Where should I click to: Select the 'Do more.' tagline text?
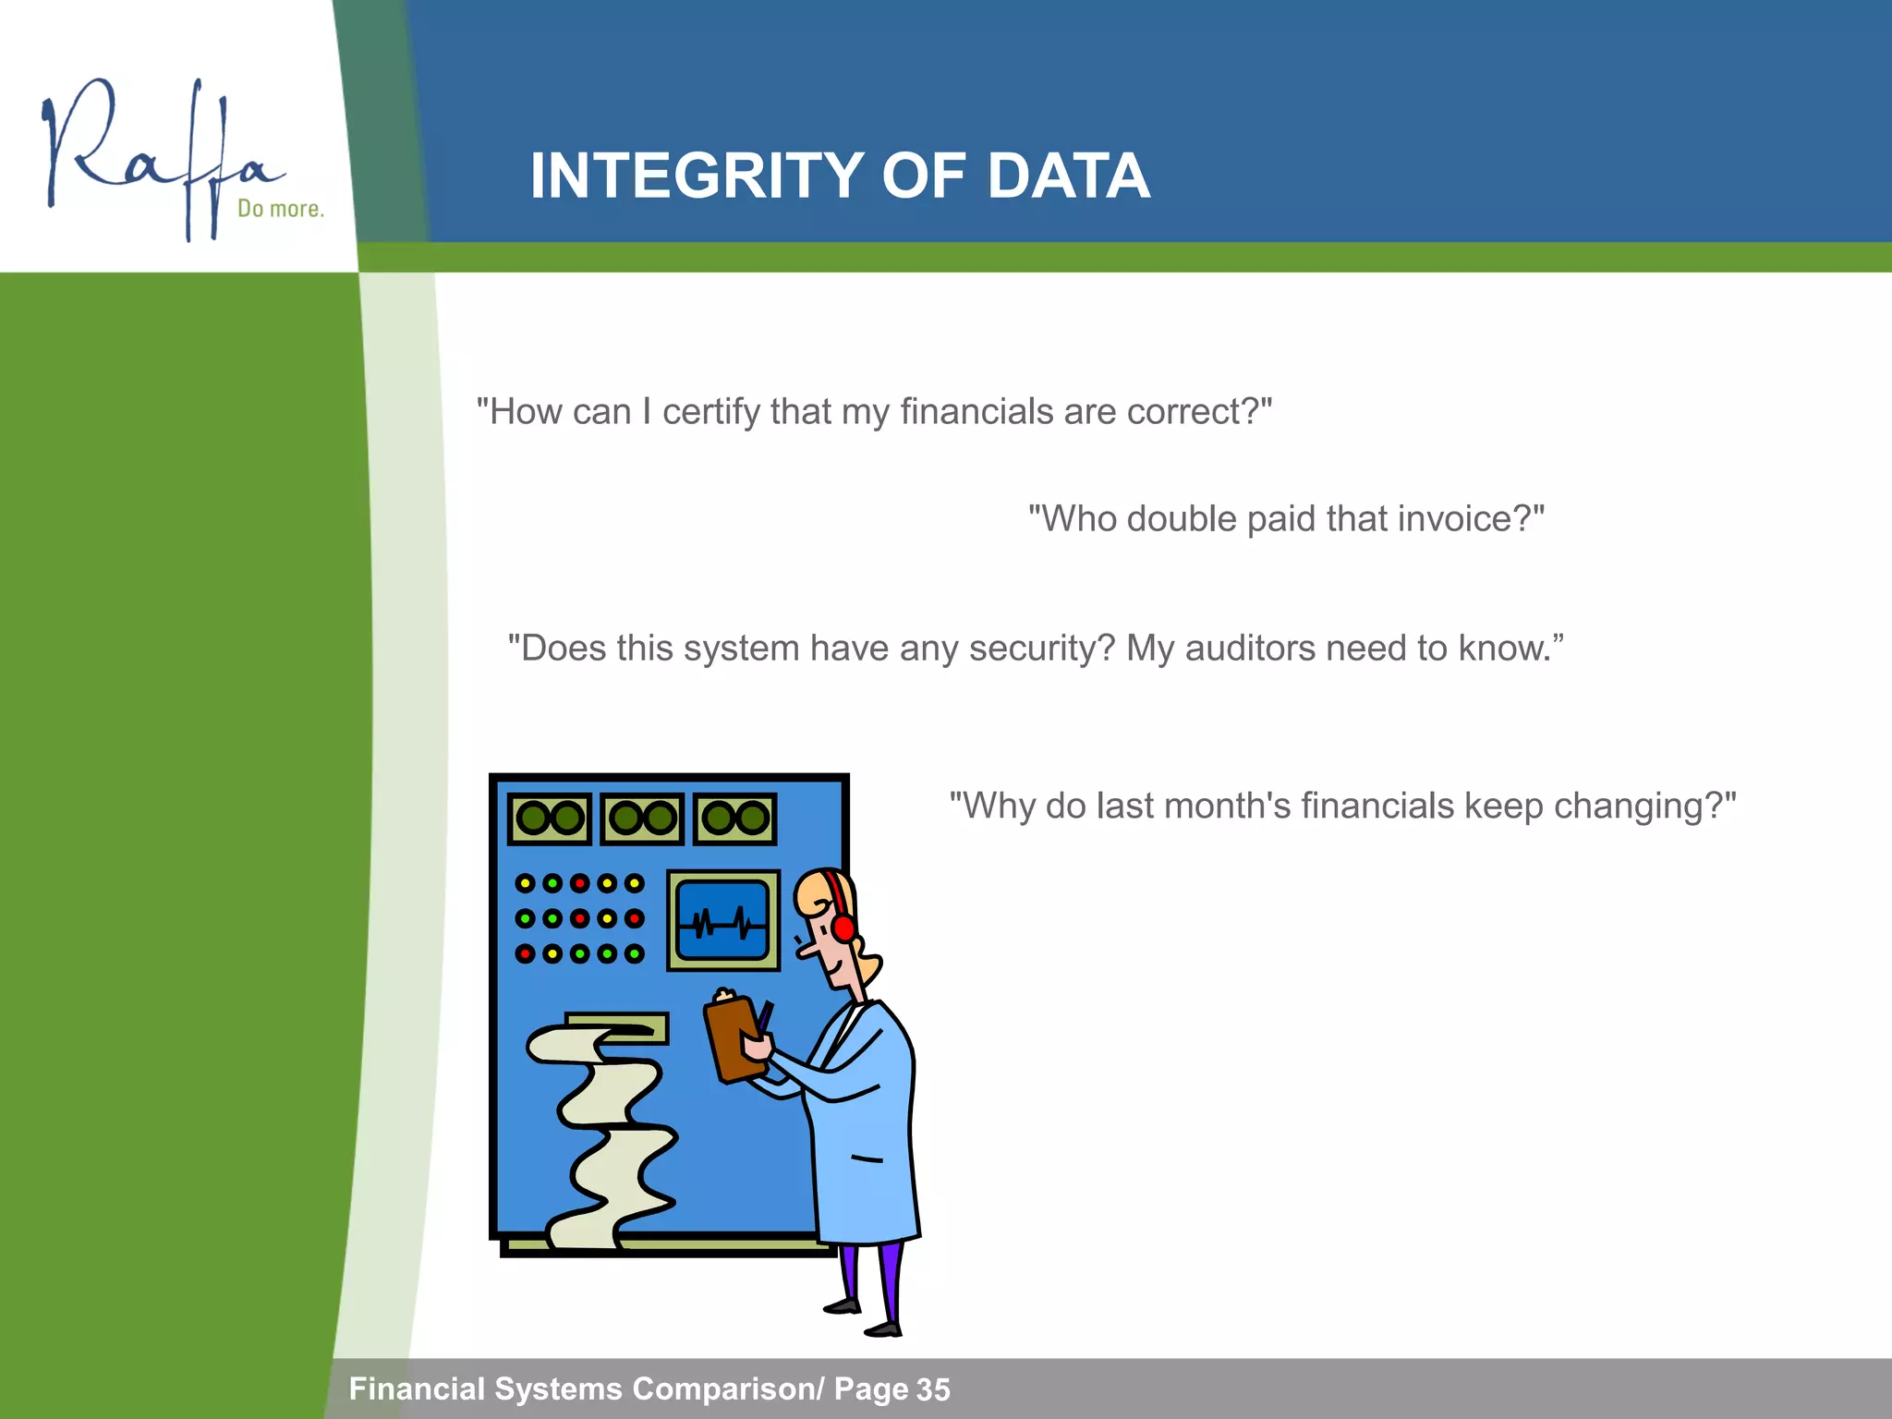pyautogui.click(x=281, y=209)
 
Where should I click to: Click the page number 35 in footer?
pyautogui.click(x=933, y=1389)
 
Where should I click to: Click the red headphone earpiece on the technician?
pyautogui.click(x=843, y=927)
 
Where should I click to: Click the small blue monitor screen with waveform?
pyautogui.click(x=722, y=920)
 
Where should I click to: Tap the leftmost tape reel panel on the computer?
pyautogui.click(x=550, y=819)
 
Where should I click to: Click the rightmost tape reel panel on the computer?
pyautogui.click(x=735, y=819)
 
